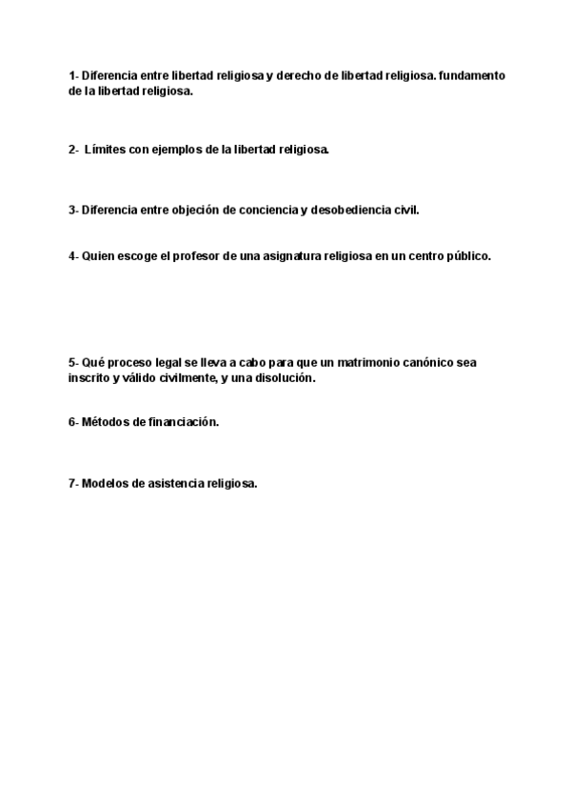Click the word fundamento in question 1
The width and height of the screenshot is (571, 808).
tap(472, 75)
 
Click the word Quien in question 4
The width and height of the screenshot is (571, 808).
tap(99, 256)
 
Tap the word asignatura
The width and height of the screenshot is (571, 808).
tap(305, 256)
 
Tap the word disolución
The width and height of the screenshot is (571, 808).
tap(282, 377)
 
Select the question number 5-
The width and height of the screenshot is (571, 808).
tap(73, 363)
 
